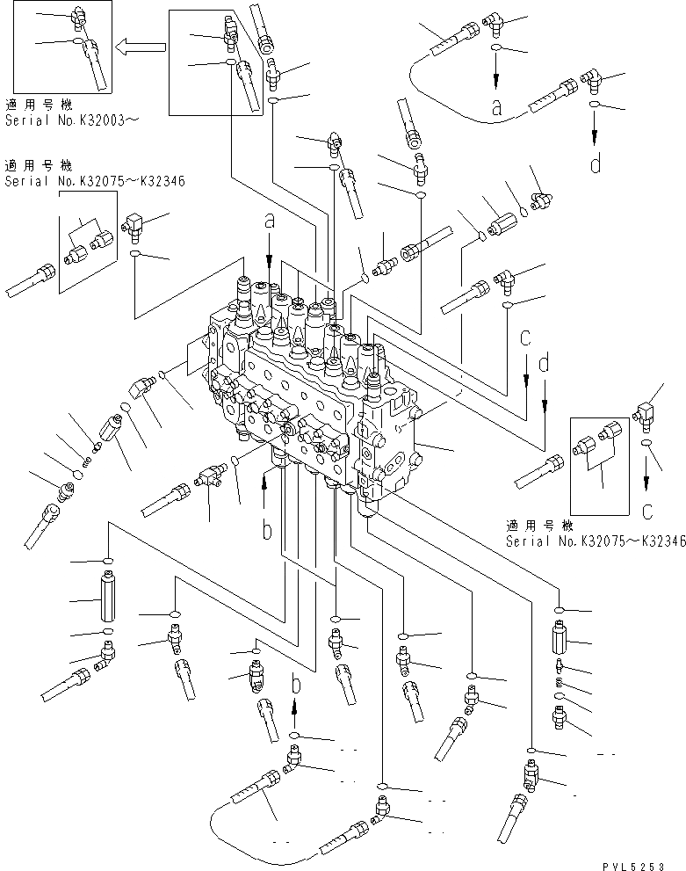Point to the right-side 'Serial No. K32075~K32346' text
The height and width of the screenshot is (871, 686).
pyautogui.click(x=595, y=541)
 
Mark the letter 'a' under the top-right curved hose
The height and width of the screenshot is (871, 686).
pyautogui.click(x=496, y=108)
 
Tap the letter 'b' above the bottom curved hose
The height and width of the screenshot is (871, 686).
pyautogui.click(x=296, y=684)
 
